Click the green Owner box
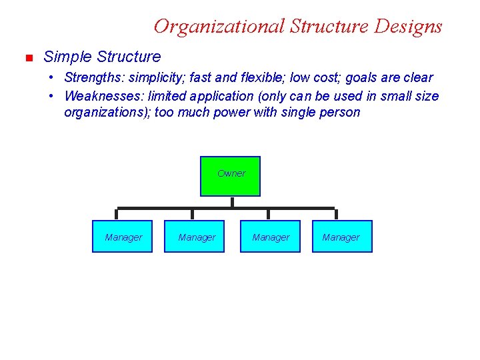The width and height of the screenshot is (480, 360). point(231,176)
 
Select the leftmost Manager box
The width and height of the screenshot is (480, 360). point(123,237)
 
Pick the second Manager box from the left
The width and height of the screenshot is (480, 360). point(196,237)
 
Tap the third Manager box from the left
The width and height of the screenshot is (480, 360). point(270,237)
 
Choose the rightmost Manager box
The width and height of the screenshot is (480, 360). point(341,237)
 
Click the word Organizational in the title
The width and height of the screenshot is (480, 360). point(219,26)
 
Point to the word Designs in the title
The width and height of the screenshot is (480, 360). point(408,26)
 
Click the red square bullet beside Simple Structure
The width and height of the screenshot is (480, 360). point(28,59)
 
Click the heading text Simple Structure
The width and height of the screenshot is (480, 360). point(102,57)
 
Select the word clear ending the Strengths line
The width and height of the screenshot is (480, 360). point(417,78)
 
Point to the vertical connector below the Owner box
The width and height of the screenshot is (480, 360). point(231,203)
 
